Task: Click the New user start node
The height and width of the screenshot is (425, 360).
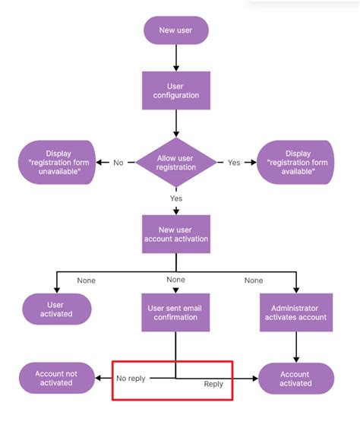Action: pos(175,30)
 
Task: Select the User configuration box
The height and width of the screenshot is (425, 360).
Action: pos(175,90)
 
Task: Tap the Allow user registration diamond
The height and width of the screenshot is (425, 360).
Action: pos(175,163)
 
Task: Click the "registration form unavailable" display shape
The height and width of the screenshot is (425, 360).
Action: pos(57,162)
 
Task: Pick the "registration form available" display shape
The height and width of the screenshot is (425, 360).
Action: pos(295,162)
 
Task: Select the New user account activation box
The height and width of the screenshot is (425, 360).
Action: pos(175,233)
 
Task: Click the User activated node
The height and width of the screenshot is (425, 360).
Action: pos(56,309)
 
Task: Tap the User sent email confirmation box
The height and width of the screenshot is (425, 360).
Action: pos(175,312)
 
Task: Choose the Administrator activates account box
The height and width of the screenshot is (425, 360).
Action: pos(295,312)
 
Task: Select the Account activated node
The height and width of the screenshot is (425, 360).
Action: pos(295,378)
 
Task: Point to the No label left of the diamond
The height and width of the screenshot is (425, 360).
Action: pos(118,163)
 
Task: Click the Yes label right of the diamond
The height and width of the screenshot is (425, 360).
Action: pos(234,163)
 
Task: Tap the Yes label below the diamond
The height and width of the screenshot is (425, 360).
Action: pos(176,198)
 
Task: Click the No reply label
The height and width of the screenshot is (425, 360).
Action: pos(131,378)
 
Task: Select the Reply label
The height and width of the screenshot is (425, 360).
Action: pos(213,385)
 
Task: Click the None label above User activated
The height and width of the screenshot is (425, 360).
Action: pos(87,281)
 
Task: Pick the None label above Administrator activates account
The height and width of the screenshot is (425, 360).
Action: pos(254,281)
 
